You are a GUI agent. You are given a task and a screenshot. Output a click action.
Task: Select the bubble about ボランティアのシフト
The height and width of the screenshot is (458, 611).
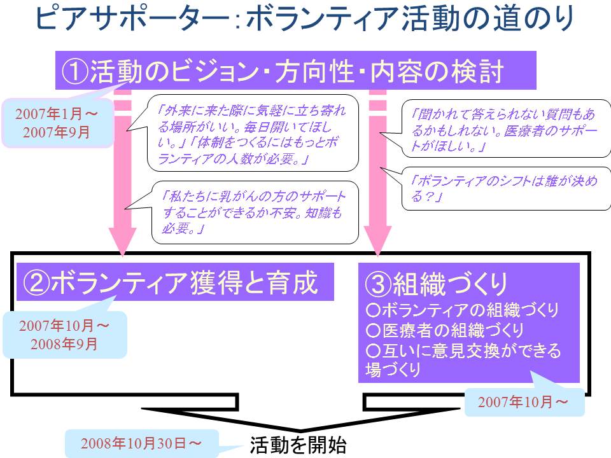click(x=506, y=189)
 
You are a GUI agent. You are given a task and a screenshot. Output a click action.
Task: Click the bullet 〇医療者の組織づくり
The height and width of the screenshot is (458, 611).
click(x=445, y=330)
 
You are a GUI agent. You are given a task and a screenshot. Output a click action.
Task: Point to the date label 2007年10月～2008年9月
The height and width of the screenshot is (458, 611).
click(x=64, y=335)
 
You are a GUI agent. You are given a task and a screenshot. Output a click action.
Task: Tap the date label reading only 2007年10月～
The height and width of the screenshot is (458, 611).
click(x=523, y=402)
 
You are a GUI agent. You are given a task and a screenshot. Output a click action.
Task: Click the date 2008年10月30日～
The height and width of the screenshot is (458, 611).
click(x=142, y=443)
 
